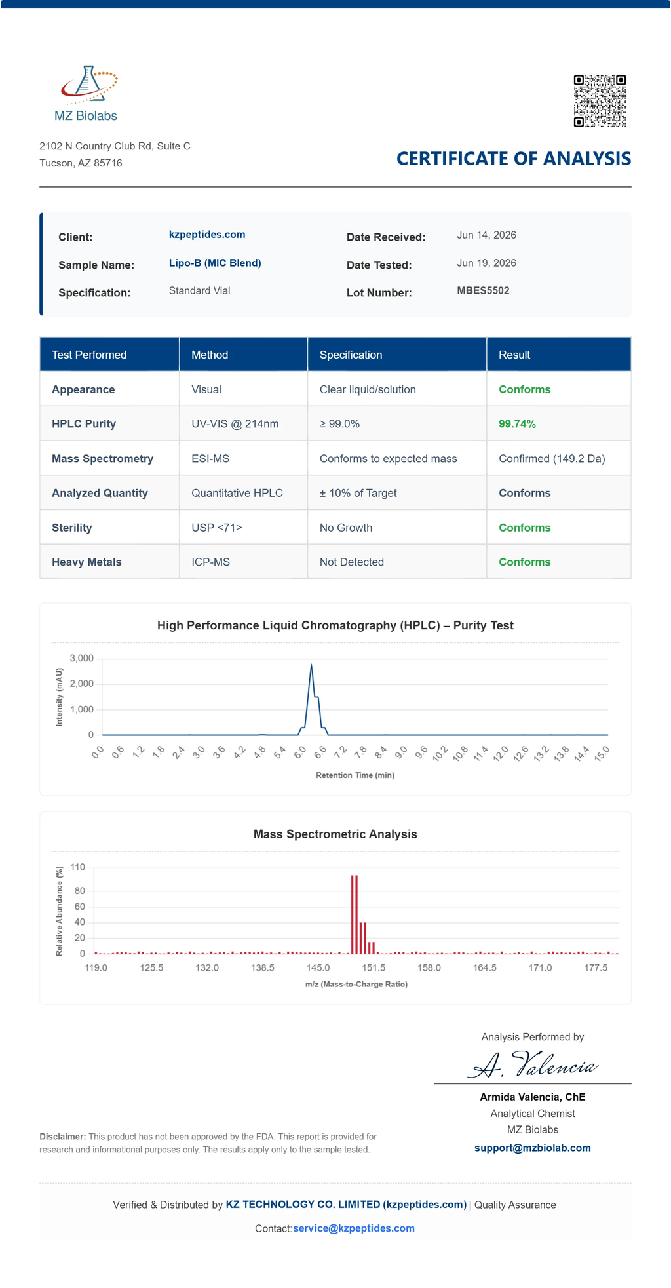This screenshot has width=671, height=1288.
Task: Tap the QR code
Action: [x=600, y=101]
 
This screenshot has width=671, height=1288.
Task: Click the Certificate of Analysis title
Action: [x=514, y=159]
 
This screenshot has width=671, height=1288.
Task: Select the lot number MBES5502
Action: [x=483, y=291]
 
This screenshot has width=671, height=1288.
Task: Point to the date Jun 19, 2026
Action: [x=486, y=263]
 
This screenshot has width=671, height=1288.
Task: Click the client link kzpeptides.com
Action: [x=207, y=235]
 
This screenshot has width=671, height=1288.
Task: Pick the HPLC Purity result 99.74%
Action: [x=517, y=424]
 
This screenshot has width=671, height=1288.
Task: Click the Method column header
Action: [x=210, y=355]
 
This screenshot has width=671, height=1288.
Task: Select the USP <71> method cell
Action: [x=217, y=528]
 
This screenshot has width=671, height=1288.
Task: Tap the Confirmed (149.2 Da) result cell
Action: [x=552, y=459]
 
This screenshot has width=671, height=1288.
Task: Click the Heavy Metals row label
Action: [x=86, y=562]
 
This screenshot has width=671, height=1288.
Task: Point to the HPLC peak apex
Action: [x=311, y=665]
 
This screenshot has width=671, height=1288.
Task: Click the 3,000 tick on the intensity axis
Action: [x=82, y=658]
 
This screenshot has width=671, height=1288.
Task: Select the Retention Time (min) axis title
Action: [x=355, y=775]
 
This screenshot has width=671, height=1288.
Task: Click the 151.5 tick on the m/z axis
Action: [x=374, y=967]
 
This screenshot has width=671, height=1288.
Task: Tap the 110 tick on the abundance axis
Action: [x=78, y=867]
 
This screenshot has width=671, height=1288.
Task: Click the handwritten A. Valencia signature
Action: [x=533, y=1064]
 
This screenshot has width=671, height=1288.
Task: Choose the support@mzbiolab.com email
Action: [x=533, y=1148]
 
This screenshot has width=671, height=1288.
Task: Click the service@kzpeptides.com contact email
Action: [x=354, y=1228]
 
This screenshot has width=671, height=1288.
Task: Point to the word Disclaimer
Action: [x=63, y=1136]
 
